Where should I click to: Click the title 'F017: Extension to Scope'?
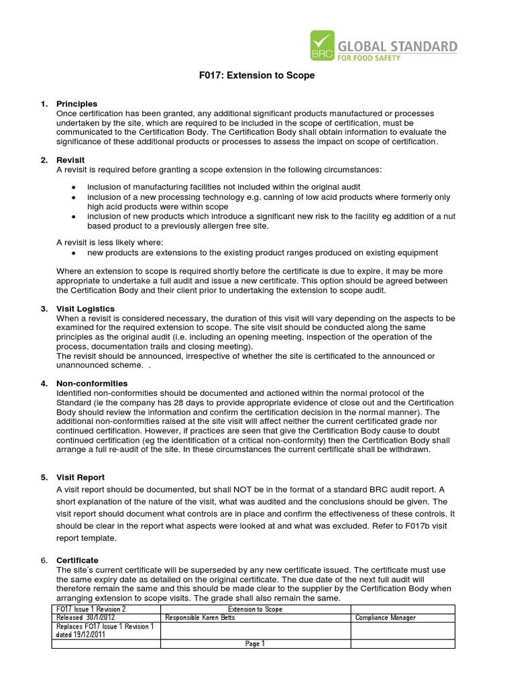(x=257, y=76)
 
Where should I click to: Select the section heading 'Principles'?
(x=76, y=104)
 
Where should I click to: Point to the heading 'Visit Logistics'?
(x=85, y=309)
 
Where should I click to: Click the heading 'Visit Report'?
(x=80, y=477)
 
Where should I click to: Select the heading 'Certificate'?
(x=77, y=560)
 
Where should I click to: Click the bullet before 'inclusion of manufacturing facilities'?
(x=73, y=187)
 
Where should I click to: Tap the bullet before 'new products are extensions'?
(x=73, y=253)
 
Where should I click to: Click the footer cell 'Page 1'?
(x=255, y=644)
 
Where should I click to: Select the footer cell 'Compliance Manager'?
(x=386, y=617)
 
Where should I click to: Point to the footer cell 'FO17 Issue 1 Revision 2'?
(x=91, y=609)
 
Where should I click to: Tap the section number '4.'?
(x=44, y=383)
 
